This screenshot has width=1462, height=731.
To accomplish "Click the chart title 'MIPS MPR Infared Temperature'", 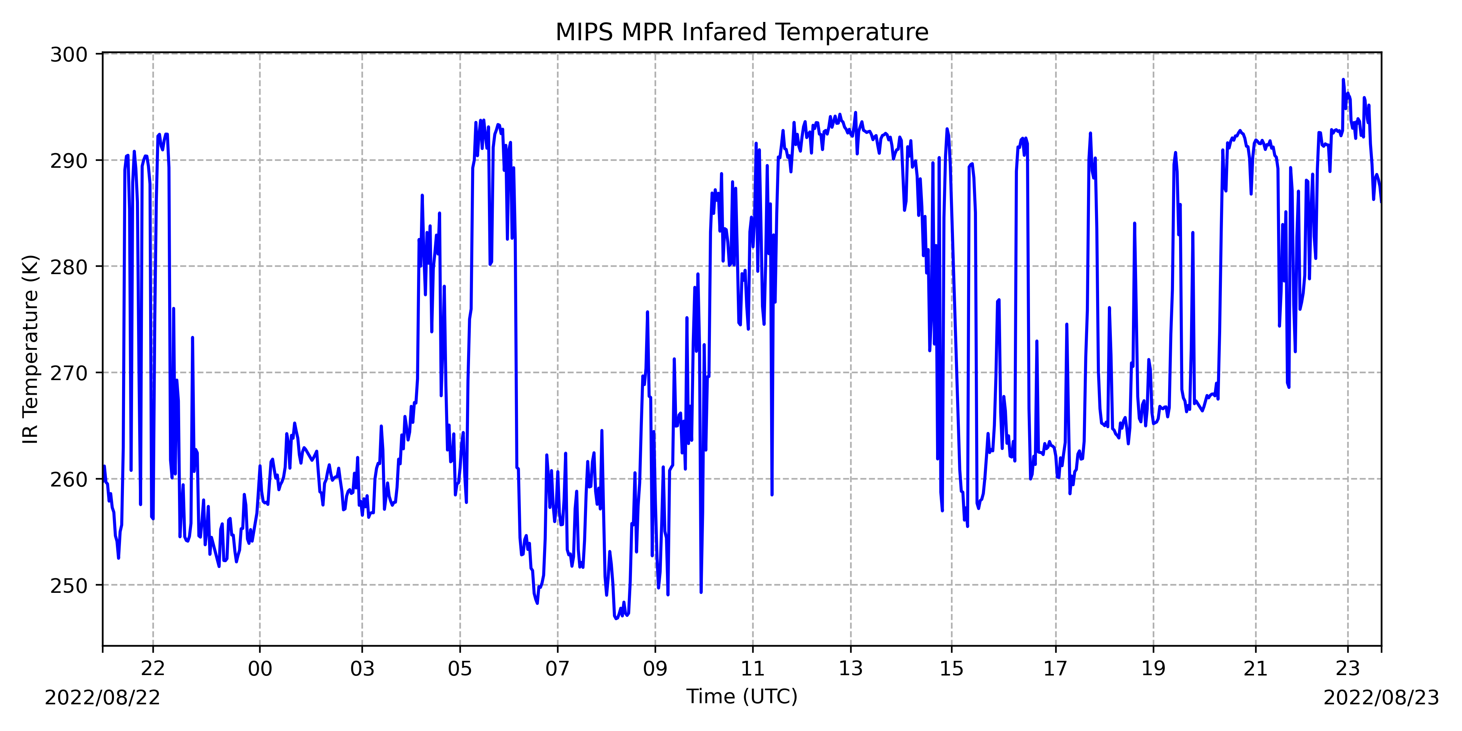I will click(742, 33).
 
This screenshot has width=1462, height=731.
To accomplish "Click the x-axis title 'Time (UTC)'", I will click(742, 696).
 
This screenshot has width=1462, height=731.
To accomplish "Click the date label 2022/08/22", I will click(102, 697).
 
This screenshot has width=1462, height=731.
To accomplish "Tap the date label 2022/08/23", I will click(1381, 697).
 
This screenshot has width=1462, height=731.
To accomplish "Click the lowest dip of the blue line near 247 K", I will click(616, 618).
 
